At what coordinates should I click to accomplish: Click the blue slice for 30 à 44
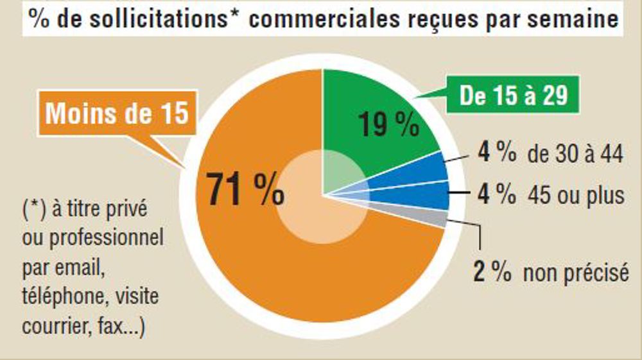pos(424,168)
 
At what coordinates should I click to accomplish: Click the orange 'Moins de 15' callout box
pos(117,114)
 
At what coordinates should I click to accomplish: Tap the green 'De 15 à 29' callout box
pos(514,96)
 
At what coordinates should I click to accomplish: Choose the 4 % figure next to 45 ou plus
pos(496,194)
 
